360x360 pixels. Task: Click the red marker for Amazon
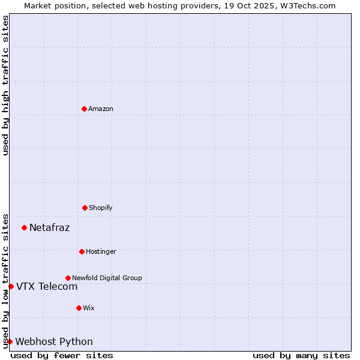(84, 109)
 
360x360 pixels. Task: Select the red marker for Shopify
(85, 208)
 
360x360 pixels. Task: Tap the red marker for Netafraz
(24, 227)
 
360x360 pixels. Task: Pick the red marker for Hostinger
(82, 251)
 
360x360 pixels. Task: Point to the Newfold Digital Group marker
(68, 278)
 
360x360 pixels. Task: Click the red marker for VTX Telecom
(11, 286)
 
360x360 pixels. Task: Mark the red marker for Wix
(79, 308)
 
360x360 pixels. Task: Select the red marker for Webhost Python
(10, 341)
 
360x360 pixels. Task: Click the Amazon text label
(101, 109)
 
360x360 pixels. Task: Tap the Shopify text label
(101, 208)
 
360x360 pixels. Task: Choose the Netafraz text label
(49, 227)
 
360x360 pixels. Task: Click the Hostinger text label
(101, 251)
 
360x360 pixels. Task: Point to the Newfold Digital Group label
(107, 278)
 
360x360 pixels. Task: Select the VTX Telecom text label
(47, 286)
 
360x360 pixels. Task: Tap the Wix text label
(89, 308)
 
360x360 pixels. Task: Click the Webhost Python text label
(54, 341)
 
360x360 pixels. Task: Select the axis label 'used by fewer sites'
(62, 355)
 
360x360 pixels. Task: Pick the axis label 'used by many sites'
(301, 355)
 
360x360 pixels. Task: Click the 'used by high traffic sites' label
(5, 85)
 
